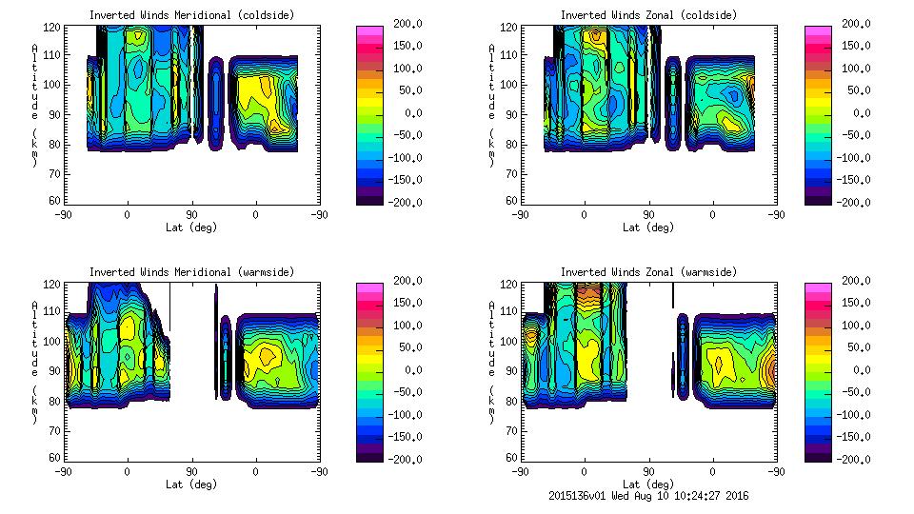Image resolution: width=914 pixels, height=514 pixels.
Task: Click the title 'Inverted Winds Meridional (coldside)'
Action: [x=191, y=15]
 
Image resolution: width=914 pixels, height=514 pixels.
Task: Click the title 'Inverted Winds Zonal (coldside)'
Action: [x=648, y=15]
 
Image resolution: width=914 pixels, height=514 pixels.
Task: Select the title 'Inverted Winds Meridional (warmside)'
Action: [x=191, y=272]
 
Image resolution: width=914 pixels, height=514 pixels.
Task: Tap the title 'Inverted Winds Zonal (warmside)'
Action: [x=648, y=272]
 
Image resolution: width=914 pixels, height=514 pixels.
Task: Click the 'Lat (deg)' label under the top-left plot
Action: [x=191, y=227]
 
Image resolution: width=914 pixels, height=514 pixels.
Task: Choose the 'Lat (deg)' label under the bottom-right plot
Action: [x=648, y=484]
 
